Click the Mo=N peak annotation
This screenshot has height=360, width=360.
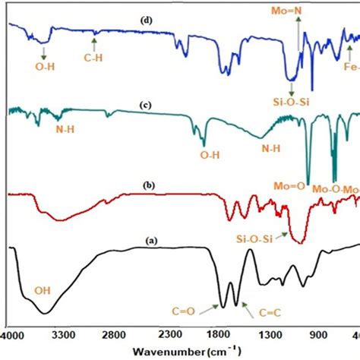click(x=298, y=11)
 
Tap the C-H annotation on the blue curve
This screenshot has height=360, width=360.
click(x=93, y=54)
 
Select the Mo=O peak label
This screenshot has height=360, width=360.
click(x=289, y=184)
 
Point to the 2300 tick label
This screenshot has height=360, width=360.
click(x=167, y=333)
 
